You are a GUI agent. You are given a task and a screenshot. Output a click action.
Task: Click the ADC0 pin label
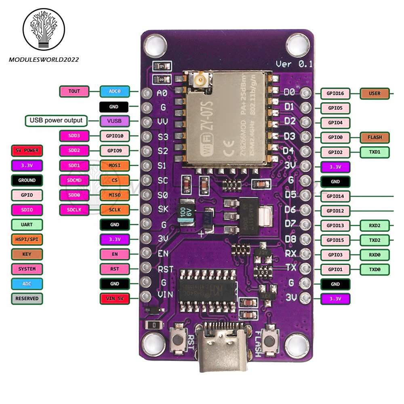115,92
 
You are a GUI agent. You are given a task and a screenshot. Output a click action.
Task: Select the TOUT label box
74,91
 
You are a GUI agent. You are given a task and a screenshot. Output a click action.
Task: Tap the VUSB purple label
115,120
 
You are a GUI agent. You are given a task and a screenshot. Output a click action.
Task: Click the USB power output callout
56,120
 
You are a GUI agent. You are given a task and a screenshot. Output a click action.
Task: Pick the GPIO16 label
335,93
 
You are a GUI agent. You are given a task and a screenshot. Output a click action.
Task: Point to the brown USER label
375,93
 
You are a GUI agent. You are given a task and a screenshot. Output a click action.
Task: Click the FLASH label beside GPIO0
375,137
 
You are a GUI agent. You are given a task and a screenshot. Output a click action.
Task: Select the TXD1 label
375,152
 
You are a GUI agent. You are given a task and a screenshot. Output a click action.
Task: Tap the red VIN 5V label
115,299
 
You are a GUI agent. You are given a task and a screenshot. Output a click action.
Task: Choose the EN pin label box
115,254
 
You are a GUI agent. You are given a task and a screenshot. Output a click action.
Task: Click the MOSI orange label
115,165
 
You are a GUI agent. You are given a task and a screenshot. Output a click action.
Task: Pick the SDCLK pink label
74,209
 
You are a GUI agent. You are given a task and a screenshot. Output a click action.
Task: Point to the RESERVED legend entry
27,299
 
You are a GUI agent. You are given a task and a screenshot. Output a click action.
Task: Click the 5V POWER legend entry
27,150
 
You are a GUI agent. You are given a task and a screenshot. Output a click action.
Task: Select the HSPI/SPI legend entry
27,239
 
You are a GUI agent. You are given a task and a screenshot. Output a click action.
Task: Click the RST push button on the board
177,339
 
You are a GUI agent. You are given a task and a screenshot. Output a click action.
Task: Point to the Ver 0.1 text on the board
293,64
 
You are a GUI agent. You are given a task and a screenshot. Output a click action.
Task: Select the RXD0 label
375,255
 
